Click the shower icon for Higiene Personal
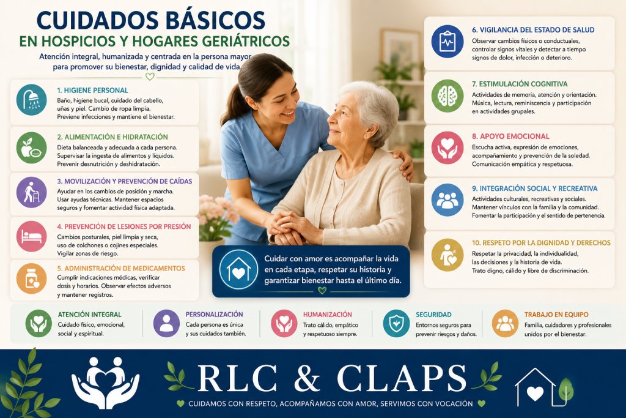[32, 100]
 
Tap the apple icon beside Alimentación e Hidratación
[32, 147]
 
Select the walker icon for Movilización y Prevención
[32, 192]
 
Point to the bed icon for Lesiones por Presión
[32, 236]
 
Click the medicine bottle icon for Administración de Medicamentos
[32, 278]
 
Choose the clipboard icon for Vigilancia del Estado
[447, 42]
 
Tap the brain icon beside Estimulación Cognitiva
[447, 96]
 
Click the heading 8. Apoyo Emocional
[510, 136]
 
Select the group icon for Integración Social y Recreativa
[447, 200]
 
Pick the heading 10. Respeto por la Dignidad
[541, 242]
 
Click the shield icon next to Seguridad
[396, 324]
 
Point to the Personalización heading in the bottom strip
[214, 315]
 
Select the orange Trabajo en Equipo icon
[505, 324]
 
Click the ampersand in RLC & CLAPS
[307, 378]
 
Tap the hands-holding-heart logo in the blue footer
[105, 383]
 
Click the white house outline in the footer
[536, 387]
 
